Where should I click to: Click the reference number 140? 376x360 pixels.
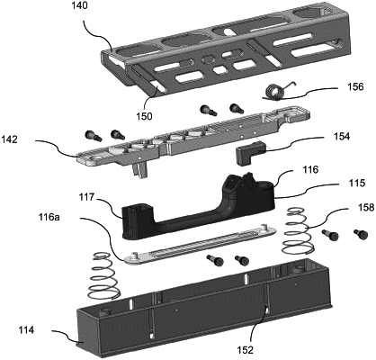tap(80, 6)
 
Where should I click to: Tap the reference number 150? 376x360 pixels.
tap(144, 116)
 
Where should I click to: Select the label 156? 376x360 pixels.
tap(355, 86)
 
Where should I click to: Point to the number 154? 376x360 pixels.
tap(342, 137)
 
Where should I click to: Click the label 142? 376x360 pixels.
tap(10, 139)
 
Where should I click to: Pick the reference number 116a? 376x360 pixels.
tap(49, 217)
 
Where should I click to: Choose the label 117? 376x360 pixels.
tap(87, 197)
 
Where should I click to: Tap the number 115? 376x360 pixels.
tap(357, 183)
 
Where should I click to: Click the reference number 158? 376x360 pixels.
tap(365, 208)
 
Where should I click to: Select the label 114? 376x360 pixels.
tap(25, 330)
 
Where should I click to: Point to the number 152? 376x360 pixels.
tap(245, 350)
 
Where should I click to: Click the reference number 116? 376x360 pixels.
tap(310, 170)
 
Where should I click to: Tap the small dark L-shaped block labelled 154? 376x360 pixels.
tap(249, 153)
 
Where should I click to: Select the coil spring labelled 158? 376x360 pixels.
tap(298, 231)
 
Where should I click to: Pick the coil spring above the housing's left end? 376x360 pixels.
tap(103, 276)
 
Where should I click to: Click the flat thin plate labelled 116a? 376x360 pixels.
tap(199, 243)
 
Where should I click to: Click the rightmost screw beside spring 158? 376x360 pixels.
tap(362, 234)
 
